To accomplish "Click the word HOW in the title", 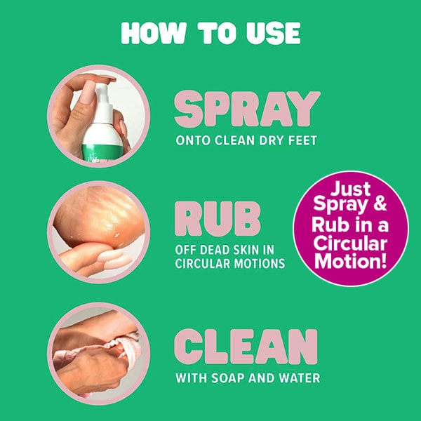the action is (154, 33).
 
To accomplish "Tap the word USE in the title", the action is (274, 33).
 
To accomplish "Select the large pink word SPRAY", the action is (247, 109).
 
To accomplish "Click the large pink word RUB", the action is (218, 219).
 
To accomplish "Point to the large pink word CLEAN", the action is (246, 347).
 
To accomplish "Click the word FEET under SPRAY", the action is (302, 140).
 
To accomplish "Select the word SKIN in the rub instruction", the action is (246, 250).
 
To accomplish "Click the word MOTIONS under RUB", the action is (260, 263).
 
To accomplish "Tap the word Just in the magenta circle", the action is (351, 189).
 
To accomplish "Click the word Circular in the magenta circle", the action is (350, 243).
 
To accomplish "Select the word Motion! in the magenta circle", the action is (351, 260).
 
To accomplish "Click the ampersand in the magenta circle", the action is (379, 203).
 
